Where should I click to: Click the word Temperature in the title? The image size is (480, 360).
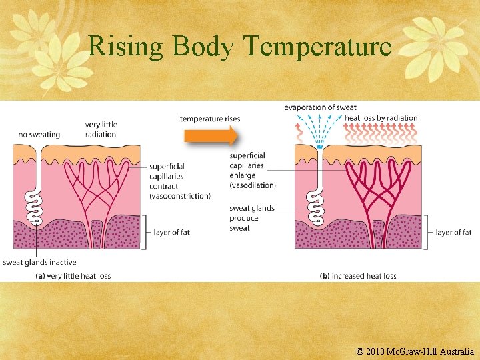click(317, 47)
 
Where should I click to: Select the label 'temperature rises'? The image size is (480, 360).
click(210, 119)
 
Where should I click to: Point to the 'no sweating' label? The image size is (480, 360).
click(39, 134)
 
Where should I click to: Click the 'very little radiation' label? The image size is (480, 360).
click(101, 129)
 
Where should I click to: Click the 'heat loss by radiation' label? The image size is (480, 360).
click(381, 118)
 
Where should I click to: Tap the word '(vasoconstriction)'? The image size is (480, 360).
click(179, 196)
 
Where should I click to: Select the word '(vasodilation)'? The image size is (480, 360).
click(252, 185)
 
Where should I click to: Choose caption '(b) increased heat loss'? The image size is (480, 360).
click(358, 276)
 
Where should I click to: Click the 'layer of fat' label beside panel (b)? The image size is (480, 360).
click(453, 232)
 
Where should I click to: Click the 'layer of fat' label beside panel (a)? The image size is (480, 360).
click(173, 232)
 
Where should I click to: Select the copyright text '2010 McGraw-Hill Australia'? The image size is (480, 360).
click(420, 351)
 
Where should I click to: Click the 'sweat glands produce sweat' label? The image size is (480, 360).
click(251, 218)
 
